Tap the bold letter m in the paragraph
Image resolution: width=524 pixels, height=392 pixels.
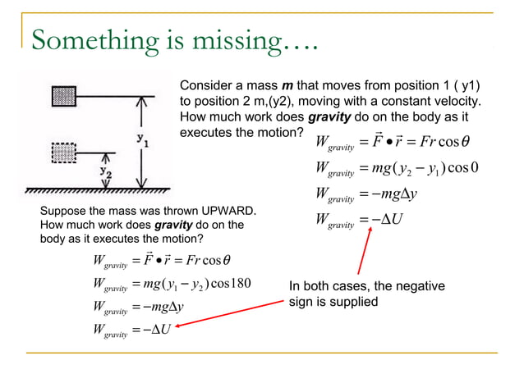click(287, 86)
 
